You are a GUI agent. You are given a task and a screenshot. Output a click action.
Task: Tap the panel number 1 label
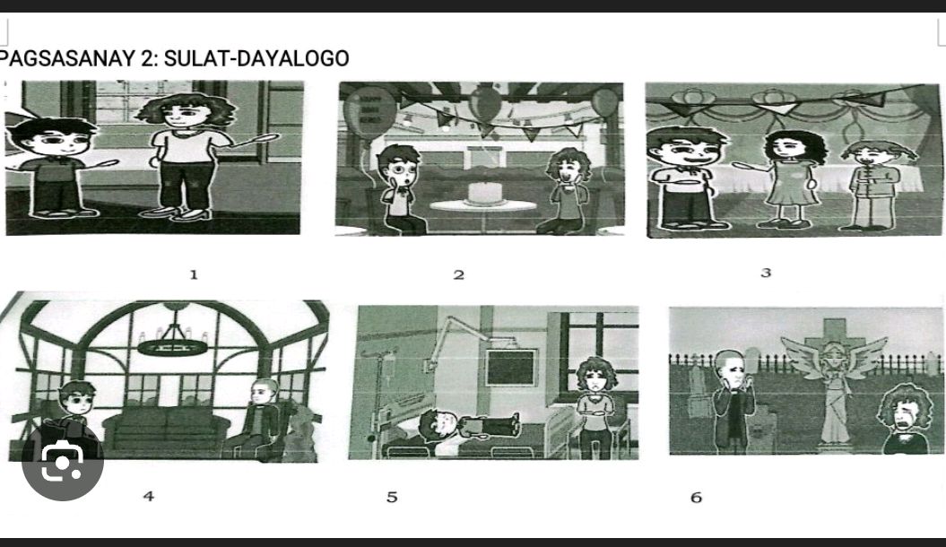194,274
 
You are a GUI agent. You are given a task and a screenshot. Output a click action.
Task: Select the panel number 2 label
459,274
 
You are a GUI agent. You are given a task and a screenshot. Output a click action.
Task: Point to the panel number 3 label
766,273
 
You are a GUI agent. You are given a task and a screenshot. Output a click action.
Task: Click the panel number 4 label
149,495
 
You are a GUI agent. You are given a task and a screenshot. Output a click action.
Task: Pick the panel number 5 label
392,497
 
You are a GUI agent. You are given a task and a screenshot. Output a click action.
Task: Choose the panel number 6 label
696,497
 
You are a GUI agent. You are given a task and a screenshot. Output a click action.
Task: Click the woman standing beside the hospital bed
594,404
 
